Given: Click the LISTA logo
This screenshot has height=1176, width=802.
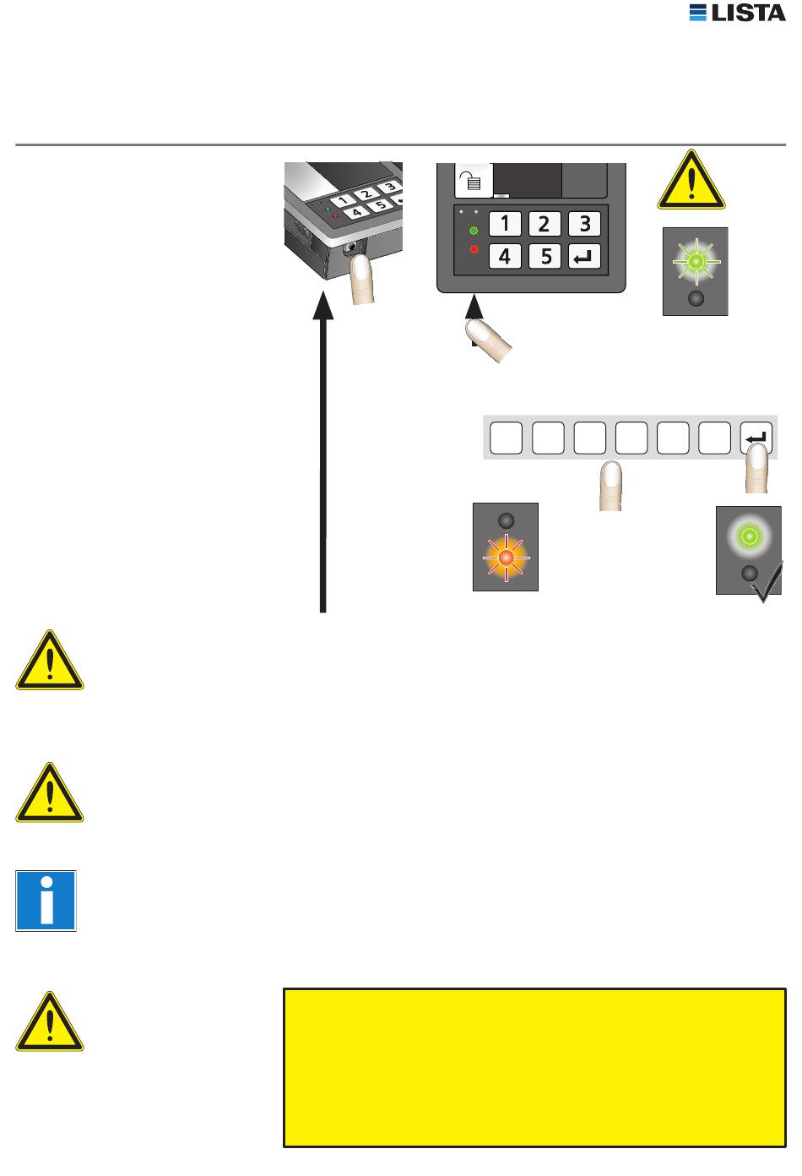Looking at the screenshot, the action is click(737, 13).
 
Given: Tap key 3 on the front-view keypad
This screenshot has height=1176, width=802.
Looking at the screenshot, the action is click(584, 224).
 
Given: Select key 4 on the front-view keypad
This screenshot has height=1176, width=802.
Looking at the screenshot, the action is click(505, 256).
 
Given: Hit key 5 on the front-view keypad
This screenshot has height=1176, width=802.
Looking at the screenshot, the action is click(545, 256).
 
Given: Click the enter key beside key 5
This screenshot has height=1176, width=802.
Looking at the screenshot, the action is click(584, 256).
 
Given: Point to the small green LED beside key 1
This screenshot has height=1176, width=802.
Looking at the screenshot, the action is click(474, 231).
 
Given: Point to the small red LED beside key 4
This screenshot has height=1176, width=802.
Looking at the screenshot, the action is click(474, 249).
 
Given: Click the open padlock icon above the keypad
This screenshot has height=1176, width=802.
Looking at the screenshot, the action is click(473, 180).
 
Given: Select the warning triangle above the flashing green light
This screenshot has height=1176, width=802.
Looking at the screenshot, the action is click(691, 180).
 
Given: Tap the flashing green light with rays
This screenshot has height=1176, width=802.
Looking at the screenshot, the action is click(696, 261).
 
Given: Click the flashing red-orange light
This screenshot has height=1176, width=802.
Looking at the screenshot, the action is click(506, 558).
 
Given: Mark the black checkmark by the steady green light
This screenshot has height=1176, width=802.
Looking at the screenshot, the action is click(767, 583).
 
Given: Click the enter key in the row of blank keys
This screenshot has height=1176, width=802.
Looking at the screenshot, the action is click(756, 438).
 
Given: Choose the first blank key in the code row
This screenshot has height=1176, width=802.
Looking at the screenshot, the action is click(507, 438).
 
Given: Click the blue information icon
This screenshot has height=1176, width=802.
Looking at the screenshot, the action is click(46, 901).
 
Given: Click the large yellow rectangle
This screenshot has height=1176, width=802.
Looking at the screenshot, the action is click(534, 1068).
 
